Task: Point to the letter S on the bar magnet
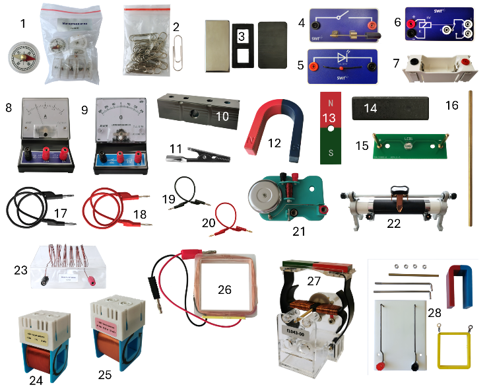coord(329,155)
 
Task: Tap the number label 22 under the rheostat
coord(393,223)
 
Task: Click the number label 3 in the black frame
coord(242,35)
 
